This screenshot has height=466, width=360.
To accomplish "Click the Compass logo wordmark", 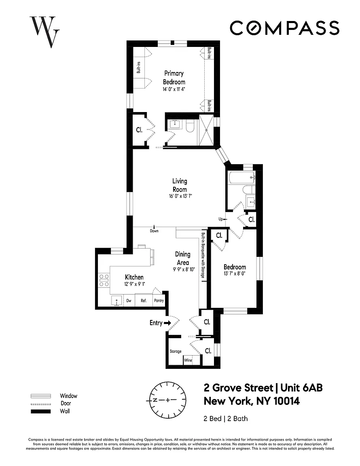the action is click(284, 28).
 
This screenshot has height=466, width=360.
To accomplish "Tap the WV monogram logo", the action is click(44, 32).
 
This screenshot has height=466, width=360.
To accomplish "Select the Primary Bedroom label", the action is click(174, 78).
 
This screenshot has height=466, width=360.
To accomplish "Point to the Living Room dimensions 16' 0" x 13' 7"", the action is click(180, 196).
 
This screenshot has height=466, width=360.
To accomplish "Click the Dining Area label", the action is click(182, 258).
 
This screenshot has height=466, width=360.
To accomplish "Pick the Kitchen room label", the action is click(134, 277).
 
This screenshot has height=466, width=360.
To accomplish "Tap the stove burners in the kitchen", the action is click(104, 280).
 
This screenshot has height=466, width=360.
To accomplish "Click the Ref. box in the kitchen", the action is click(144, 300).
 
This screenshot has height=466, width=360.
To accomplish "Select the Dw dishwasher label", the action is click(129, 301).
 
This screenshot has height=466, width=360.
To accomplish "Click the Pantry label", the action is click(159, 301).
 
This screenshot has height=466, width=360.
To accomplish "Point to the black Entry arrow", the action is click(168, 323).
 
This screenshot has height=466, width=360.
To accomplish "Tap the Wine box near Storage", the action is click(188, 360).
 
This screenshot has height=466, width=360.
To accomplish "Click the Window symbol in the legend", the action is click(41, 396).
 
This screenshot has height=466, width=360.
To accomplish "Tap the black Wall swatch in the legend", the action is click(41, 411).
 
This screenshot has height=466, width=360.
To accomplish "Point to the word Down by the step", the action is click(154, 231).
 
